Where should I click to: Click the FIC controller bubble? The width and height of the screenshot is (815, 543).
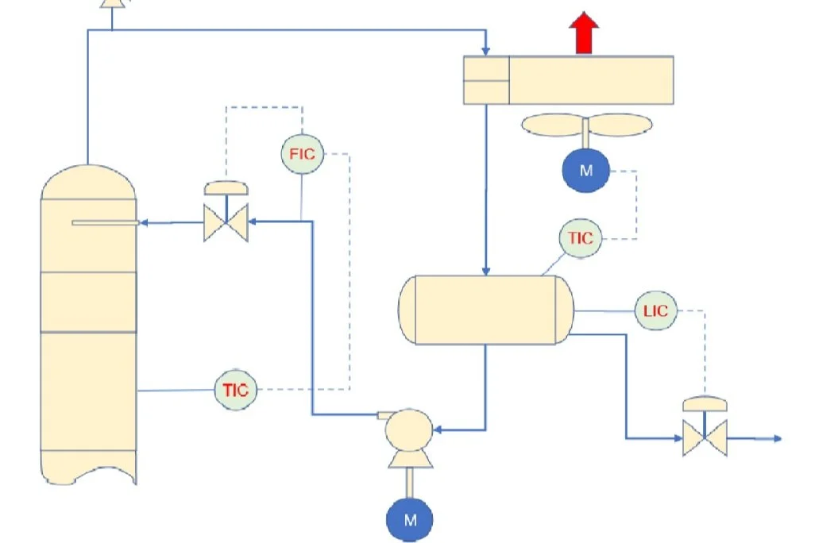click(302, 154)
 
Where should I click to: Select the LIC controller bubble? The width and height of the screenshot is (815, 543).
click(655, 311)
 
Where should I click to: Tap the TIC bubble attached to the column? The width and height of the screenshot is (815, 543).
click(236, 390)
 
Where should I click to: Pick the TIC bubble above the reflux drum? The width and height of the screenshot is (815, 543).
click(580, 237)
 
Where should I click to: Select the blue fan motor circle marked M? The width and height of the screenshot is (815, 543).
click(585, 170)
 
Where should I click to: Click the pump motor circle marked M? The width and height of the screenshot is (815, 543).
click(410, 520)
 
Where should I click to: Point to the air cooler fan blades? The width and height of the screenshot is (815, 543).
click(586, 124)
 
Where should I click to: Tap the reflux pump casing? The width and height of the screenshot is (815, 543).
click(409, 429)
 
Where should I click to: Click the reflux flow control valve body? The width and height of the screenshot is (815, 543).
click(226, 223)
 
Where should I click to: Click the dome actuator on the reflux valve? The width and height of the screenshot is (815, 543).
click(226, 188)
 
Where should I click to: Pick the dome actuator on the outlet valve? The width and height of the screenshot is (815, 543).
click(705, 403)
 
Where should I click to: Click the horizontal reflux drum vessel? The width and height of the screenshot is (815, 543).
click(485, 310)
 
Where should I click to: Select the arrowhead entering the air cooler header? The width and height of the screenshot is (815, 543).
click(485, 50)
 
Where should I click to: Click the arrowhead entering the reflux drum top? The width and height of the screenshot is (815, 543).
click(485, 269)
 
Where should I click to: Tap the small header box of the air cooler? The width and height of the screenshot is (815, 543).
click(485, 80)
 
